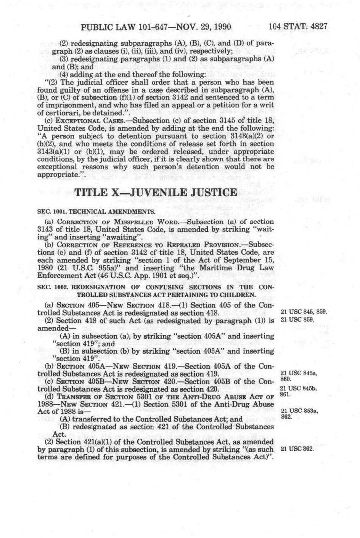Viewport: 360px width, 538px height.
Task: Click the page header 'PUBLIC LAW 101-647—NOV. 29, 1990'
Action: pyautogui.click(x=151, y=27)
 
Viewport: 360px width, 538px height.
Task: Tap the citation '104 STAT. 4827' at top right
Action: pyautogui.click(x=298, y=27)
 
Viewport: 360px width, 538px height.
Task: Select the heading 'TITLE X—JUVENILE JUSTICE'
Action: pyautogui.click(x=156, y=192)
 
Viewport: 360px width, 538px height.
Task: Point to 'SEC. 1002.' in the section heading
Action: pyautogui.click(x=52, y=287)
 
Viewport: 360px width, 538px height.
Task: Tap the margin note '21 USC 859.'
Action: pyautogui.click(x=297, y=319)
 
